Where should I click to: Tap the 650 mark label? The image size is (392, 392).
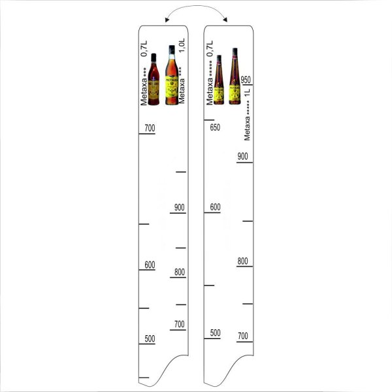click(x=215, y=127)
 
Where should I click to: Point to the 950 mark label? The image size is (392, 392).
click(x=246, y=80)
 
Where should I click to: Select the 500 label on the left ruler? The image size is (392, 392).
click(x=149, y=338)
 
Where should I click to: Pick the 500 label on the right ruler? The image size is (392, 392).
click(x=215, y=333)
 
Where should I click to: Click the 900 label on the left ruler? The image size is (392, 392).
click(x=180, y=208)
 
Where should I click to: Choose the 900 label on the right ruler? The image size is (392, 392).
click(x=243, y=155)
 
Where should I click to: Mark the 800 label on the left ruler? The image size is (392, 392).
click(x=179, y=273)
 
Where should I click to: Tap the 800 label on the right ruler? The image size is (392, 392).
click(x=243, y=261)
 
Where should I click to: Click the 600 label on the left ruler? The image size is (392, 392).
click(x=149, y=265)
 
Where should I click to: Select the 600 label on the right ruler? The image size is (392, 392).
click(x=215, y=207)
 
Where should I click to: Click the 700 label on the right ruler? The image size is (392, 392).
click(x=243, y=336)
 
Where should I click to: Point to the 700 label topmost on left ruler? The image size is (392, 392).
click(x=149, y=128)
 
